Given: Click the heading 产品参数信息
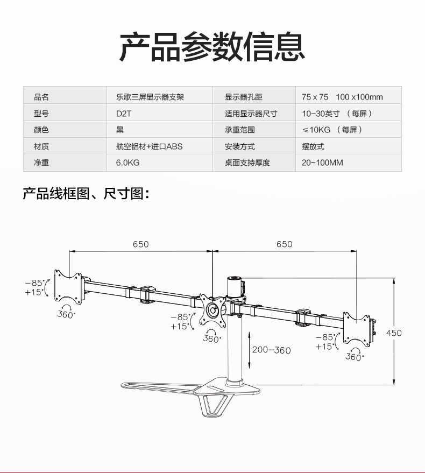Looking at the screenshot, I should [x=212, y=47].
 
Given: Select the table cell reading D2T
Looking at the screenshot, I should [x=124, y=114].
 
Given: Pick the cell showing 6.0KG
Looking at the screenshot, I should [x=127, y=163].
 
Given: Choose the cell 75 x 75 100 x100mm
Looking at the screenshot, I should [x=342, y=97].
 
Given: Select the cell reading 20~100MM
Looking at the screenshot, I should [x=322, y=163].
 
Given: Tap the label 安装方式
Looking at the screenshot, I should [x=240, y=146].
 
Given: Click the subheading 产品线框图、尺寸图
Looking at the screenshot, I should [x=85, y=194].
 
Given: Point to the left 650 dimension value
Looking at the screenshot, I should [x=140, y=244].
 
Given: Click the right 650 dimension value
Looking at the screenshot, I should [x=285, y=244].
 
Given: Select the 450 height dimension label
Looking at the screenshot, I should [x=394, y=333].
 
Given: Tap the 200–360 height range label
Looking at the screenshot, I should [x=271, y=350].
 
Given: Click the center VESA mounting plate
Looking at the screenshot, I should [x=214, y=310].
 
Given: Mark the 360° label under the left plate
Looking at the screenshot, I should [x=66, y=314].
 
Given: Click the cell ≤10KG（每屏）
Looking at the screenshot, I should [x=332, y=130].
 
